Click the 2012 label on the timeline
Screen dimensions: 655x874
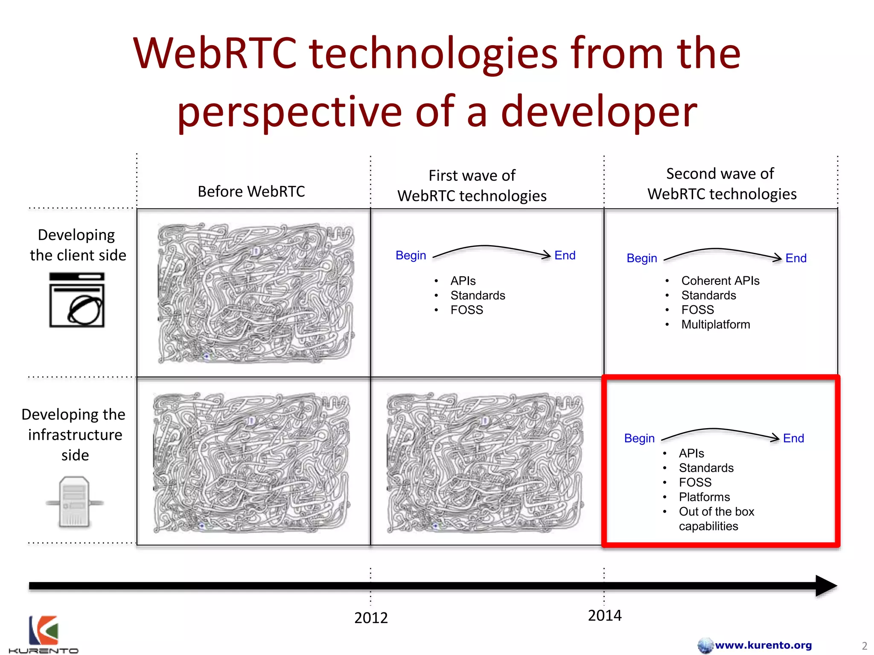[x=371, y=617]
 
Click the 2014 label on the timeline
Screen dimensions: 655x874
[x=604, y=615]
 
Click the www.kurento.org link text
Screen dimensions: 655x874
[x=763, y=645]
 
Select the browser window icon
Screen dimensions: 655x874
[x=77, y=300]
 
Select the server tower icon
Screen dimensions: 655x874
[x=75, y=502]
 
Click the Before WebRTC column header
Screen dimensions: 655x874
[x=251, y=191]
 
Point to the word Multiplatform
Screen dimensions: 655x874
[x=715, y=325]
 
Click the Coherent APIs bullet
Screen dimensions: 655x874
[x=720, y=281]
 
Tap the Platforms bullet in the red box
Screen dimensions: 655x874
[x=704, y=497]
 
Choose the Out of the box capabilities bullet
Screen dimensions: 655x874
[x=716, y=519]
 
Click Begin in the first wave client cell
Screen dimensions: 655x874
[x=411, y=255]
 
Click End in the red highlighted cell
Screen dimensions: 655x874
[x=793, y=438]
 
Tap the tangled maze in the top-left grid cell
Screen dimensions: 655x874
[x=255, y=293]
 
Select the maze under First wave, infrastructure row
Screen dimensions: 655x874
[x=485, y=463]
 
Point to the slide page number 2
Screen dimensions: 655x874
[x=864, y=646]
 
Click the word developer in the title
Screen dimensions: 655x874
[x=599, y=111]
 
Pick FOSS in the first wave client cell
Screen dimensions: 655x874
[x=466, y=310]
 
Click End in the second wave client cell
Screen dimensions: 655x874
[x=796, y=258]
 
